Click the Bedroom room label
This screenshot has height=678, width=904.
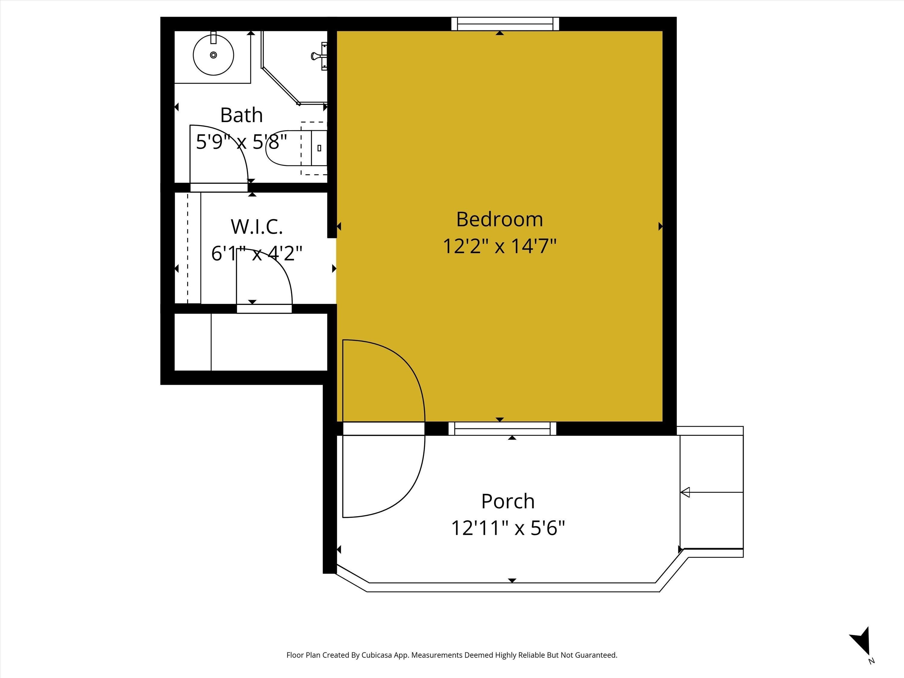499,219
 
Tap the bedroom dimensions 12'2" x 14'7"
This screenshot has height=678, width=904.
499,246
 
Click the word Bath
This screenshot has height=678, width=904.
241,115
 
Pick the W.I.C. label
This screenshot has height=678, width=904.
257,227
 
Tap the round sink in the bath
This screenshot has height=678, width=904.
213,55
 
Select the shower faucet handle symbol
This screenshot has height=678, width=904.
319,55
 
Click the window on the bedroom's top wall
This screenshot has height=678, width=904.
505,24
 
